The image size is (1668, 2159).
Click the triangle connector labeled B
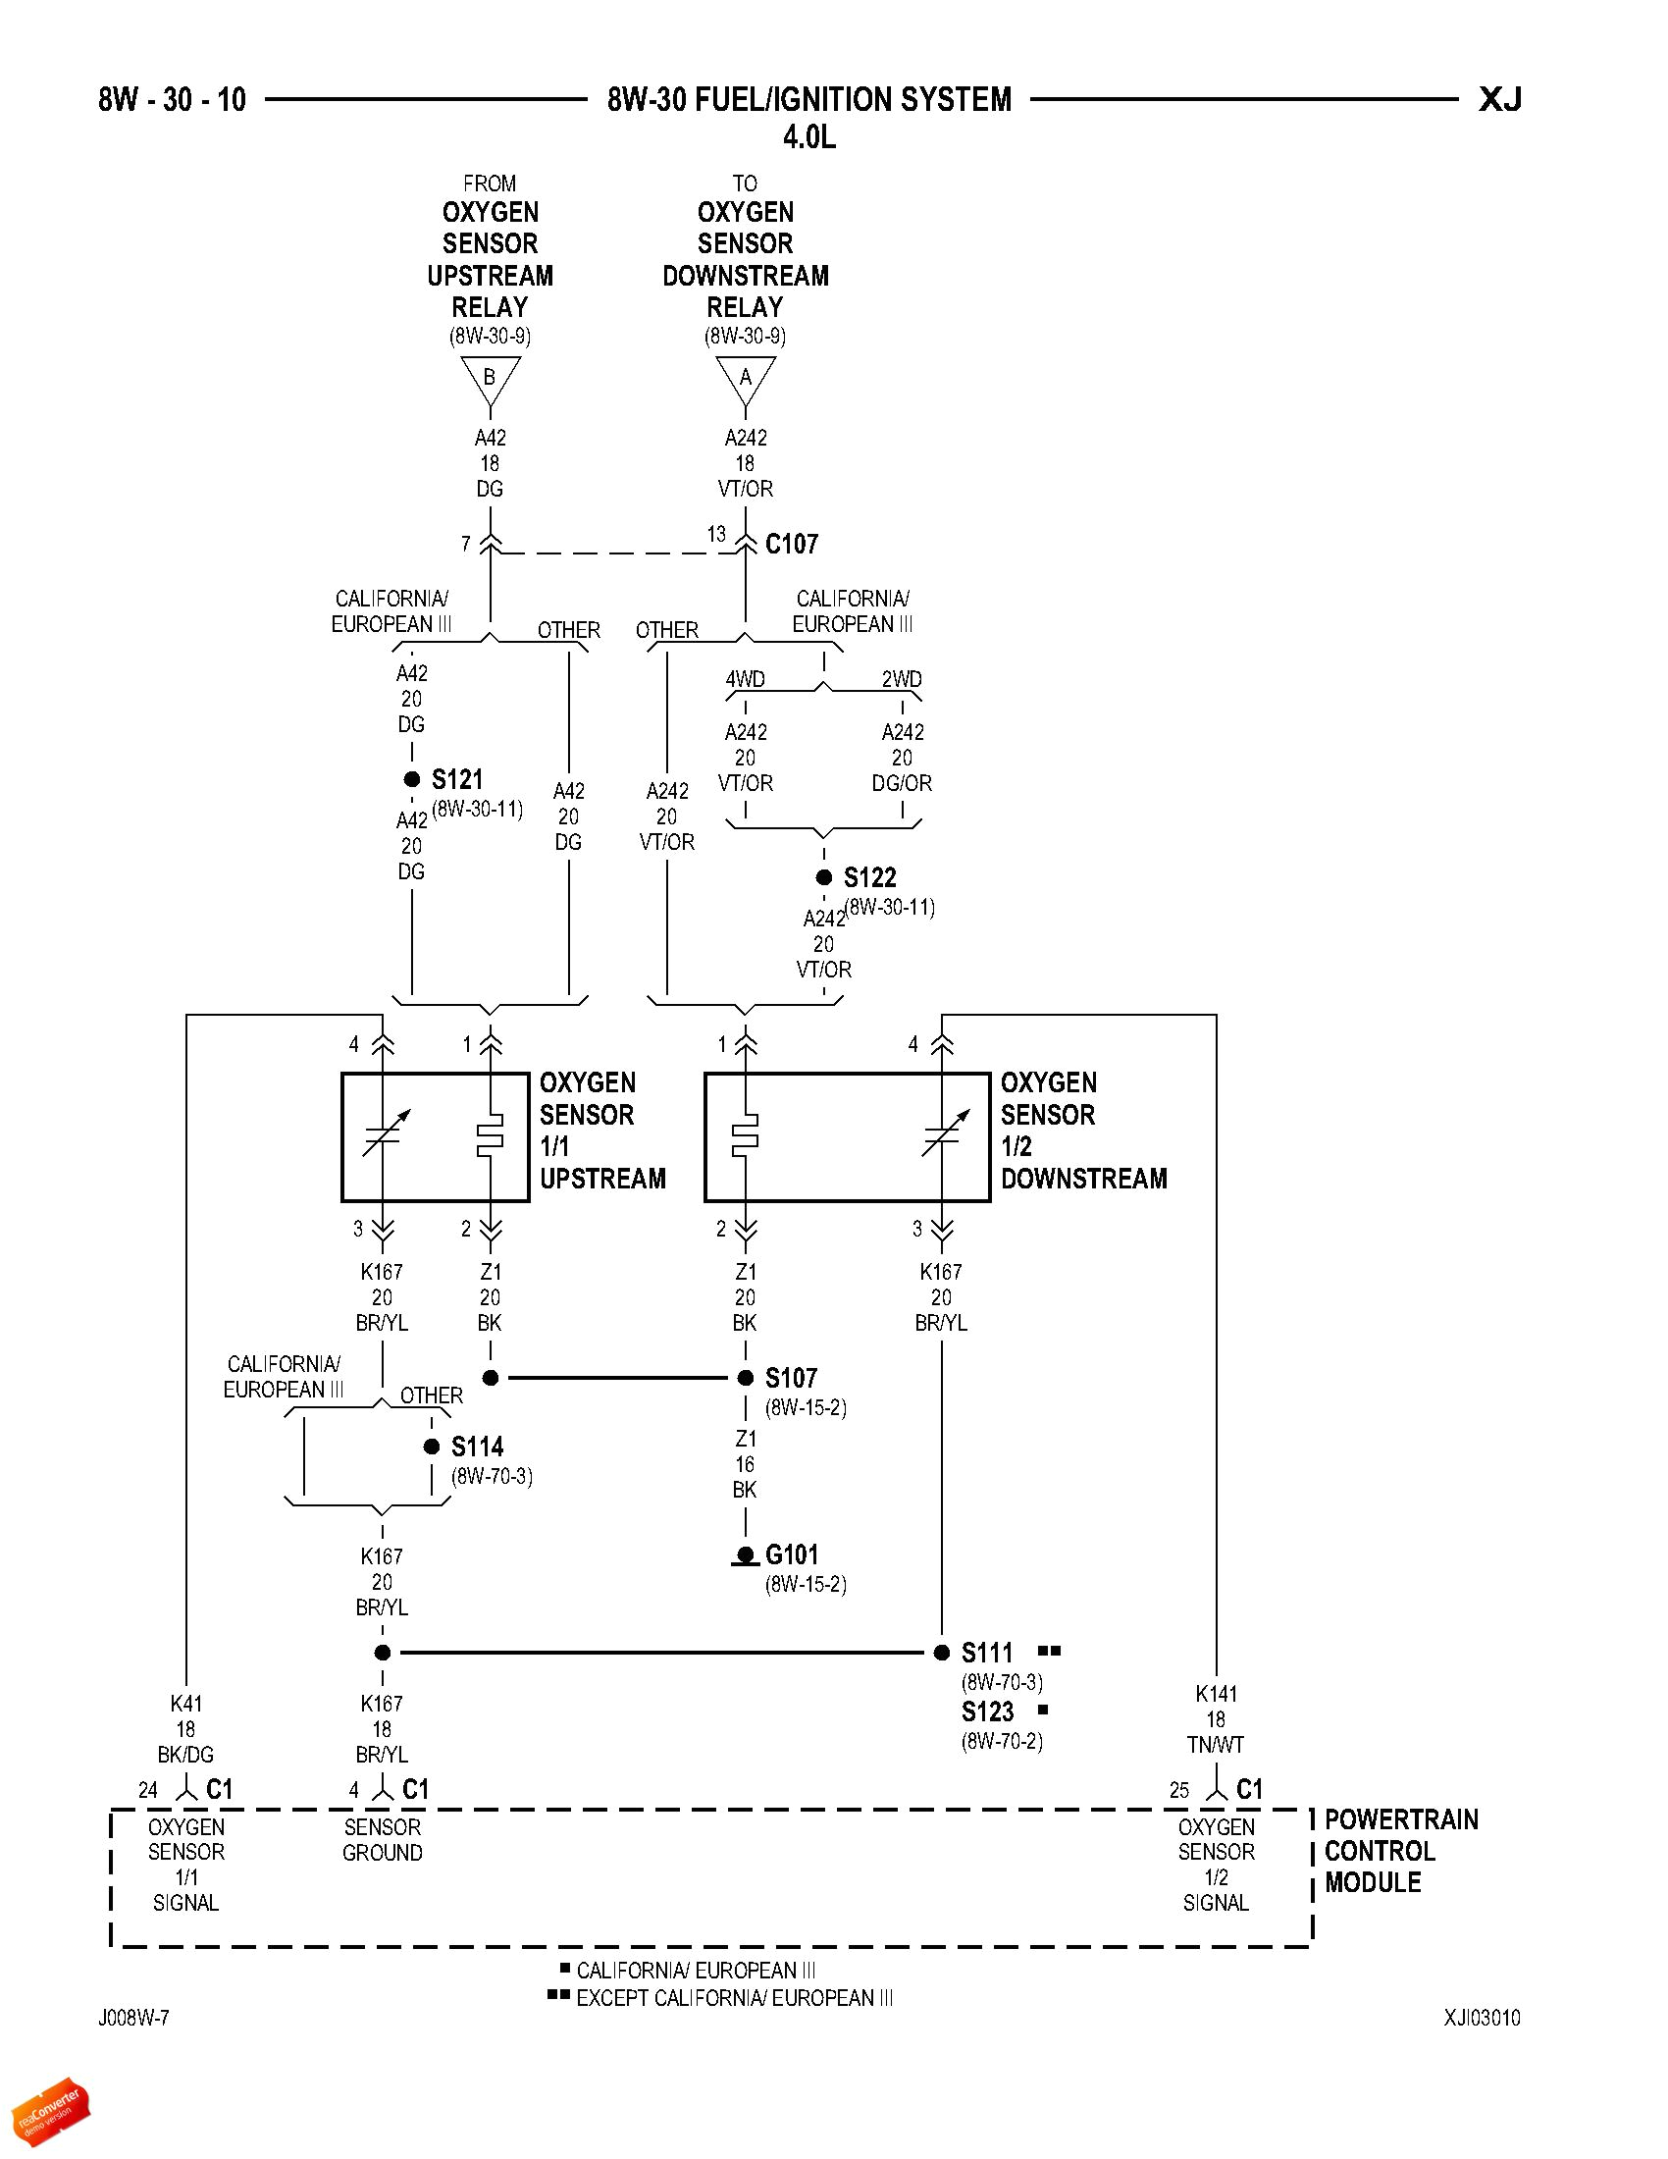pyautogui.click(x=490, y=379)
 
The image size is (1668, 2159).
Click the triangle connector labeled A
pyautogui.click(x=745, y=379)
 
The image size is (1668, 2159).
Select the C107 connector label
pyautogui.click(x=792, y=544)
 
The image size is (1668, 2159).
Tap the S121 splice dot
pyautogui.click(x=412, y=779)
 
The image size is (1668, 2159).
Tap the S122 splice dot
pyautogui.click(x=823, y=876)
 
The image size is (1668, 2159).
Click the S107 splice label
pyautogui.click(x=791, y=1378)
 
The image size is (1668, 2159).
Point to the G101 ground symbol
pyautogui.click(x=746, y=1557)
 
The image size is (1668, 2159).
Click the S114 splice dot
pyautogui.click(x=432, y=1447)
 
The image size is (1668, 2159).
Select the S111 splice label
pyautogui.click(x=987, y=1653)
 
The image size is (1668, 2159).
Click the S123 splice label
pyautogui.click(x=987, y=1712)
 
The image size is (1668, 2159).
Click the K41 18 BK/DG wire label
pyautogui.click(x=185, y=1729)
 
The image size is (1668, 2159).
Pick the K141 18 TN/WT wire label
pyautogui.click(x=1216, y=1719)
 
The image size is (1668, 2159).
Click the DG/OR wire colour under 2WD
pyautogui.click(x=901, y=783)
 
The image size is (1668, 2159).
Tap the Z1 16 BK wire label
pyautogui.click(x=745, y=1464)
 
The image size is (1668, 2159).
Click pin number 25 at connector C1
pyautogui.click(x=1178, y=1790)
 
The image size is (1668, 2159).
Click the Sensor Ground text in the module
pyautogui.click(x=383, y=1840)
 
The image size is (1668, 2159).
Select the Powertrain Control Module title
pyautogui.click(x=1400, y=1851)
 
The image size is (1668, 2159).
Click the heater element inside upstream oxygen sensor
pyautogui.click(x=491, y=1136)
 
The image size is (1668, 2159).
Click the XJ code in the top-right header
pyautogui.click(x=1499, y=100)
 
